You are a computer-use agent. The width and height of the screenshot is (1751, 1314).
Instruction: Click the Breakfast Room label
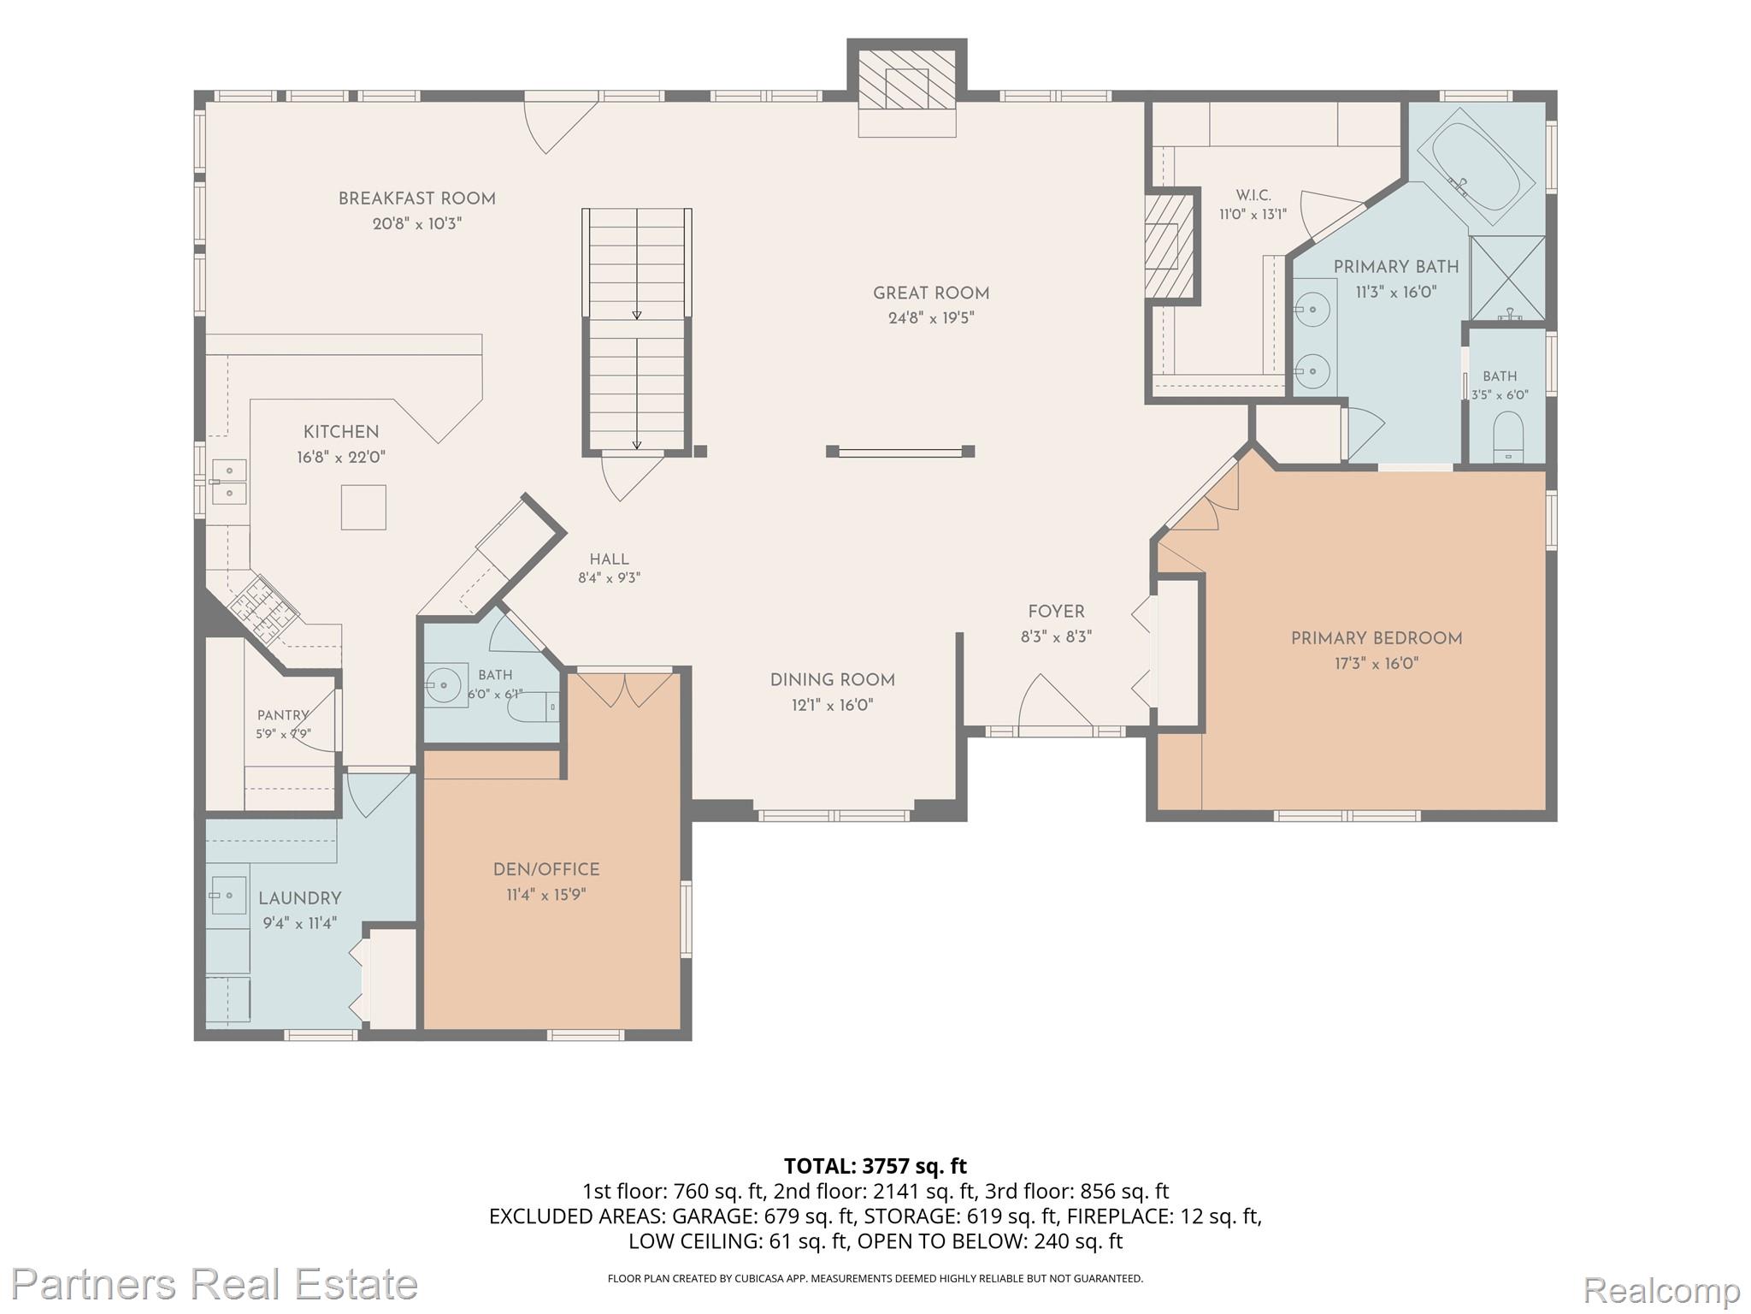click(x=416, y=198)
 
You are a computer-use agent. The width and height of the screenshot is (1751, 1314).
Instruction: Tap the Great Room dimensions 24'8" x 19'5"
click(x=931, y=318)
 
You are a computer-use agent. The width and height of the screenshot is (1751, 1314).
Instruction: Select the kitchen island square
click(x=363, y=507)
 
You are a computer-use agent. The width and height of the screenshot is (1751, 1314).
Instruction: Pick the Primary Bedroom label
click(x=1377, y=638)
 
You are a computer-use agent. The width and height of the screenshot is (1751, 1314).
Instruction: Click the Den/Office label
click(x=546, y=869)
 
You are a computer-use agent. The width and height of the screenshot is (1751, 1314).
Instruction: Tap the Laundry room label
click(x=299, y=898)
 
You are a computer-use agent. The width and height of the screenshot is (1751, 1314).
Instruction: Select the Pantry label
click(x=283, y=715)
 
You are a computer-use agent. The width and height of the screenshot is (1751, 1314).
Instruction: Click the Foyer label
click(x=1056, y=612)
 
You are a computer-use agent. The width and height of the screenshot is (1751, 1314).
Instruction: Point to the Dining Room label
click(x=832, y=680)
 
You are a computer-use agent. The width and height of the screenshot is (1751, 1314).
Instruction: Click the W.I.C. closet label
click(x=1253, y=196)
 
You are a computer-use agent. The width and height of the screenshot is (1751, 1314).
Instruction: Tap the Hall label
click(x=609, y=559)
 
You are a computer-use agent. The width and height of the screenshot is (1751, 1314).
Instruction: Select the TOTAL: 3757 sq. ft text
click(x=875, y=1166)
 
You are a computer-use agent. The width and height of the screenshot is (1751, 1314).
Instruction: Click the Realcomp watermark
click(x=1662, y=1288)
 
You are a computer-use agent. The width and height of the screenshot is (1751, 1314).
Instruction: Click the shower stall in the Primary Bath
click(x=1507, y=280)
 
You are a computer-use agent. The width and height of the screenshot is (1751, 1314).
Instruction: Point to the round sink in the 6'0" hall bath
click(x=442, y=684)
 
